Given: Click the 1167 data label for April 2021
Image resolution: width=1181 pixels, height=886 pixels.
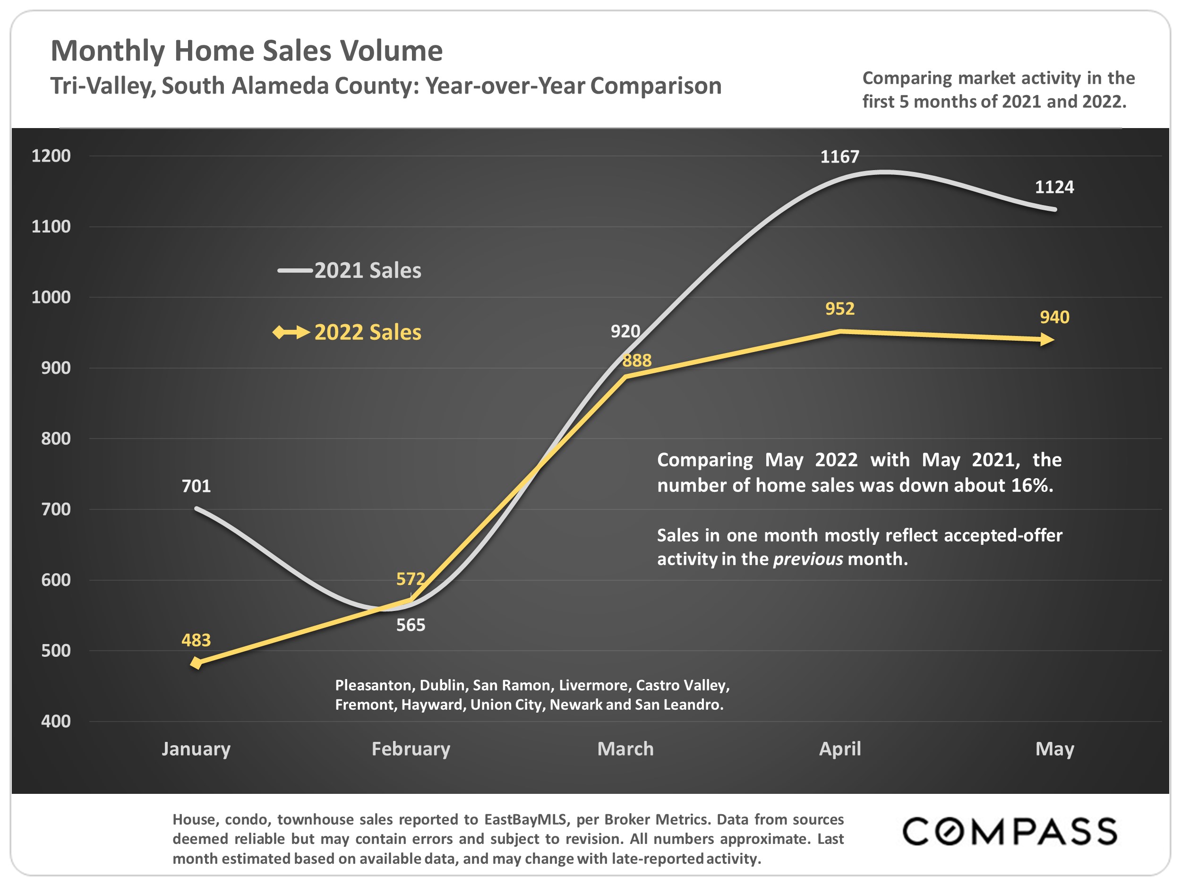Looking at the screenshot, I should point(839,157).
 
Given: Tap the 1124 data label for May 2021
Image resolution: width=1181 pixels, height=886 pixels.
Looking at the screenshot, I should point(1054,188).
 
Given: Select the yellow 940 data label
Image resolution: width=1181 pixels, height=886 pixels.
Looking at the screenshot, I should point(1054,317).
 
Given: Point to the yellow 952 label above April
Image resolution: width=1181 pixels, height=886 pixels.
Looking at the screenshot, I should point(839,309).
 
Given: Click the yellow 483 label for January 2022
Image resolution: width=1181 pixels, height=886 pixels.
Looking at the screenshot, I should point(196,640).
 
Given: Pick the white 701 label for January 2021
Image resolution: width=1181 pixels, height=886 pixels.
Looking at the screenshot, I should point(196,486).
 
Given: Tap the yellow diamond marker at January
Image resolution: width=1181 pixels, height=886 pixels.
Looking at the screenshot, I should point(197,663).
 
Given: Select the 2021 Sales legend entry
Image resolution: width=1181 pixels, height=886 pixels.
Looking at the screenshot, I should point(350,271).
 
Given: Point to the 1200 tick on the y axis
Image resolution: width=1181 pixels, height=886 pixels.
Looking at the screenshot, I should point(51,156).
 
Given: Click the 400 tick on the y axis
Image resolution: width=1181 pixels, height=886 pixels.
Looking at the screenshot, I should point(56,722).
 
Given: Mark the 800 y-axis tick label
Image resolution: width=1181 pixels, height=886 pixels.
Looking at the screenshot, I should point(56,439).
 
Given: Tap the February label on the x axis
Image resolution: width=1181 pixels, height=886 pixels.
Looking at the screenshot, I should point(411,749).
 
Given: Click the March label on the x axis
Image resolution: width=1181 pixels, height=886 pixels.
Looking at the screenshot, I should point(625,749).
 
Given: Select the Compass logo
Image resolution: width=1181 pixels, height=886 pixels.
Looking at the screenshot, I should point(1009,832).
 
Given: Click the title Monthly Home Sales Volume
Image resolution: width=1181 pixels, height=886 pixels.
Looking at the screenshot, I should point(247,51).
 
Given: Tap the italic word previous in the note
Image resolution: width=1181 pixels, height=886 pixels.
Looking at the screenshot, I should point(808,559).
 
